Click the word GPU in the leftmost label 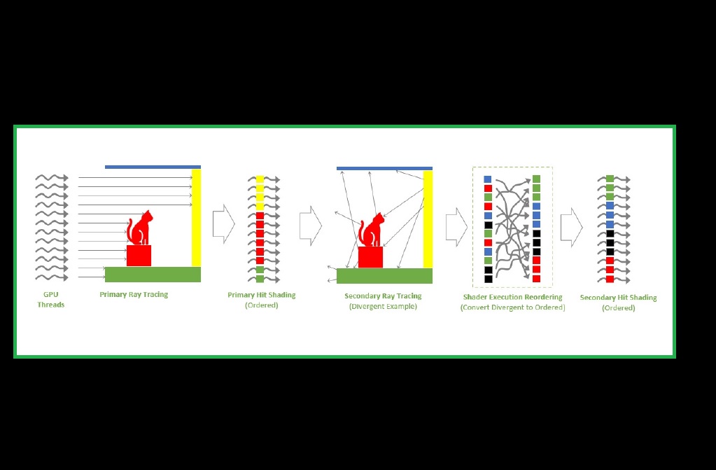(50, 294)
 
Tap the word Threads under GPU (50, 305)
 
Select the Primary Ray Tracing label (134, 294)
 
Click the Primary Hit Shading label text (262, 295)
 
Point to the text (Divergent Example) (383, 306)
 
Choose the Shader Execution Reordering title (513, 297)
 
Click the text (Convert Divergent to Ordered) (513, 307)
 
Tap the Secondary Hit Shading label (618, 298)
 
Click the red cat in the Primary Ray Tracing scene (140, 228)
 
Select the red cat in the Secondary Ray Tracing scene (372, 230)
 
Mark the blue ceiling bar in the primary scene (153, 167)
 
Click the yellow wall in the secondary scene (428, 219)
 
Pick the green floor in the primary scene (153, 275)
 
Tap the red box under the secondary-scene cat (370, 257)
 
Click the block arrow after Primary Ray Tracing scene (224, 224)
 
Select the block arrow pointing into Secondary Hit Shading (572, 227)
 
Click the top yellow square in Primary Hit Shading (260, 179)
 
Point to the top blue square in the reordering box (488, 179)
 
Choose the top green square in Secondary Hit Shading (610, 179)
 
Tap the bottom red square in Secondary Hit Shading (610, 279)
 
